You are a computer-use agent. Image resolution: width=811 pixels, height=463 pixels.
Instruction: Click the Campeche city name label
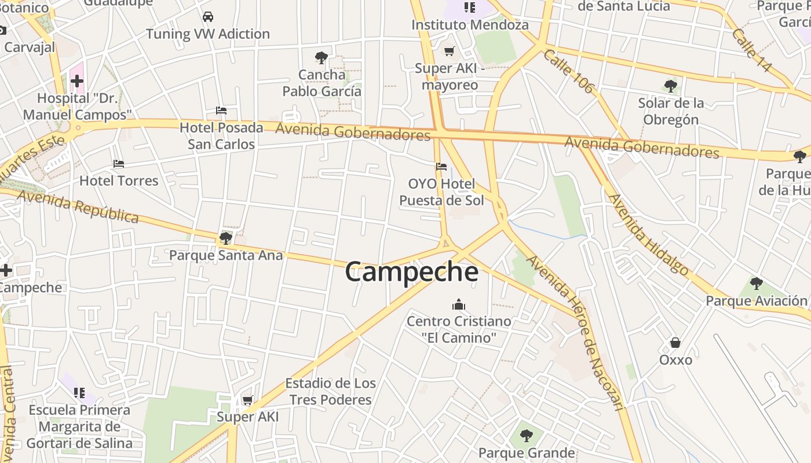411,272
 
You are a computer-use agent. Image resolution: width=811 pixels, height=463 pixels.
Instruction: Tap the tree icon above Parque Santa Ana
226,238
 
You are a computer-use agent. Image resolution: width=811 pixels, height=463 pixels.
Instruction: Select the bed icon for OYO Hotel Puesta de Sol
441,167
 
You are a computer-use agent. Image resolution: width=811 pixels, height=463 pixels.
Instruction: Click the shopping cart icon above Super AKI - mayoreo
449,51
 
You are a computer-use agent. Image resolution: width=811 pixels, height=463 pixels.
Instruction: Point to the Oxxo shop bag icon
675,343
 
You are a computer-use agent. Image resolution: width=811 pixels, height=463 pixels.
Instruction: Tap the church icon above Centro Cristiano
459,304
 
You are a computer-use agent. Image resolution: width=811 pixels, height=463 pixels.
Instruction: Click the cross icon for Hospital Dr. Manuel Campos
76,81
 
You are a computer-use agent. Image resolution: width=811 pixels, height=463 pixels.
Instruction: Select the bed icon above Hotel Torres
119,164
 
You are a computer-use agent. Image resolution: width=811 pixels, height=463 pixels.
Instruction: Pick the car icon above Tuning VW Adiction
207,17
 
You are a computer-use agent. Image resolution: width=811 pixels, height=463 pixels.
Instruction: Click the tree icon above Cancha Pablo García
321,57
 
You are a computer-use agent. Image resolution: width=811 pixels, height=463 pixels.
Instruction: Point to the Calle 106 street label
569,71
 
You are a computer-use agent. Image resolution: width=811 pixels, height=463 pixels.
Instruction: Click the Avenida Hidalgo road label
648,234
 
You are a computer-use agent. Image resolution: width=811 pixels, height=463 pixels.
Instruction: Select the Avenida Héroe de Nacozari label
577,333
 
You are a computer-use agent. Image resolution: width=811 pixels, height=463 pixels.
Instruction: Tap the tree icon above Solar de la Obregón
671,86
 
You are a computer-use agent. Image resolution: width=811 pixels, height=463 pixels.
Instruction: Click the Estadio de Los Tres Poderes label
330,391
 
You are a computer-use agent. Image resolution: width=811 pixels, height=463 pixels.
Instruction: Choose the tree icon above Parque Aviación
756,283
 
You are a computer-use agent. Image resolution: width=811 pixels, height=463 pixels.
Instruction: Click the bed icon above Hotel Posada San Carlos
221,110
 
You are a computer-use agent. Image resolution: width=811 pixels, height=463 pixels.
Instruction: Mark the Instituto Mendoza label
470,25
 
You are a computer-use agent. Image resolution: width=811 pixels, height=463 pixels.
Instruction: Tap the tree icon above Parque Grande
526,435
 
